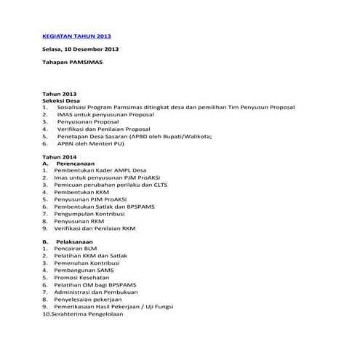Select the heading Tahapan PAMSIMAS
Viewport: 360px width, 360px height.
(72, 63)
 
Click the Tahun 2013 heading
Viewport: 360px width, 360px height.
(59, 95)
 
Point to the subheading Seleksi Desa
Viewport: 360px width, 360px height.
(61, 101)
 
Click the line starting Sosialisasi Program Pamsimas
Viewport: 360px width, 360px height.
(175, 108)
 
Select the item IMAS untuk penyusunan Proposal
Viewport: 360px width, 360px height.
(105, 116)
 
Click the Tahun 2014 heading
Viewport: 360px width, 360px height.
(59, 158)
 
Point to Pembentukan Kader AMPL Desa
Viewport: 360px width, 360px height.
(99, 172)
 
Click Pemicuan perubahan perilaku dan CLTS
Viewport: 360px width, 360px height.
(111, 187)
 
